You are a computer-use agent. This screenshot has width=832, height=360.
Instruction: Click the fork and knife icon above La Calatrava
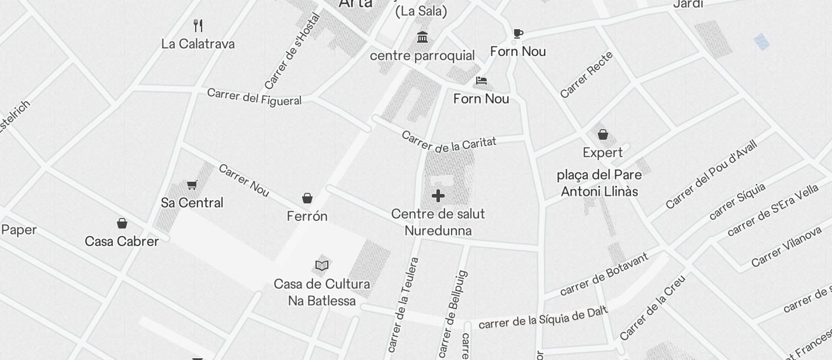[x=198, y=25]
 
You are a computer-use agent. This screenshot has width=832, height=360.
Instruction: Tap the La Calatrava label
[x=198, y=44]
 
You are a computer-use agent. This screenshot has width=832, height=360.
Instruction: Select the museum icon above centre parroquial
[x=422, y=37]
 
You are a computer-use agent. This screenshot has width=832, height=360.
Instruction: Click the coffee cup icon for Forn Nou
[x=518, y=33]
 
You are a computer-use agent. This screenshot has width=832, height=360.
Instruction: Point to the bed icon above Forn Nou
[x=481, y=81]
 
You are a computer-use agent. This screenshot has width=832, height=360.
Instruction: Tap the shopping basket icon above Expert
[x=603, y=134]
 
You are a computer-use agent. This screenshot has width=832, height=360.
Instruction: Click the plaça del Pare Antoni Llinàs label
[x=599, y=183]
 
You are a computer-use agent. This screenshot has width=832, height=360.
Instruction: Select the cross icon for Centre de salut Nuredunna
[x=438, y=196]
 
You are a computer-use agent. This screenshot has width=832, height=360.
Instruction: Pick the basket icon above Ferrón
[x=307, y=198]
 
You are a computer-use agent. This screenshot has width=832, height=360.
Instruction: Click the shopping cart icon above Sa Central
[x=192, y=185]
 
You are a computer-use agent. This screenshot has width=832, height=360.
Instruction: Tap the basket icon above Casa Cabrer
[x=122, y=223]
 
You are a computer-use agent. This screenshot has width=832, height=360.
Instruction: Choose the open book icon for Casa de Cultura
[x=322, y=265]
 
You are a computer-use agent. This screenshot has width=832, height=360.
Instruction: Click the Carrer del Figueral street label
[x=254, y=97]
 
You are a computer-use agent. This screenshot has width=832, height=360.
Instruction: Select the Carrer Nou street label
[x=244, y=180]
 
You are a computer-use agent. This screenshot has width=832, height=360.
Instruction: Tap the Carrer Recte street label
[x=587, y=75]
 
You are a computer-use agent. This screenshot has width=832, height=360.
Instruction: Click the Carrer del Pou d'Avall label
[x=711, y=174]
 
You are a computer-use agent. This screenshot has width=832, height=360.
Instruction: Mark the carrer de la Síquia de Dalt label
[x=543, y=318]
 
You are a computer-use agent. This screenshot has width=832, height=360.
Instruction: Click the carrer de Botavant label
[x=604, y=274]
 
